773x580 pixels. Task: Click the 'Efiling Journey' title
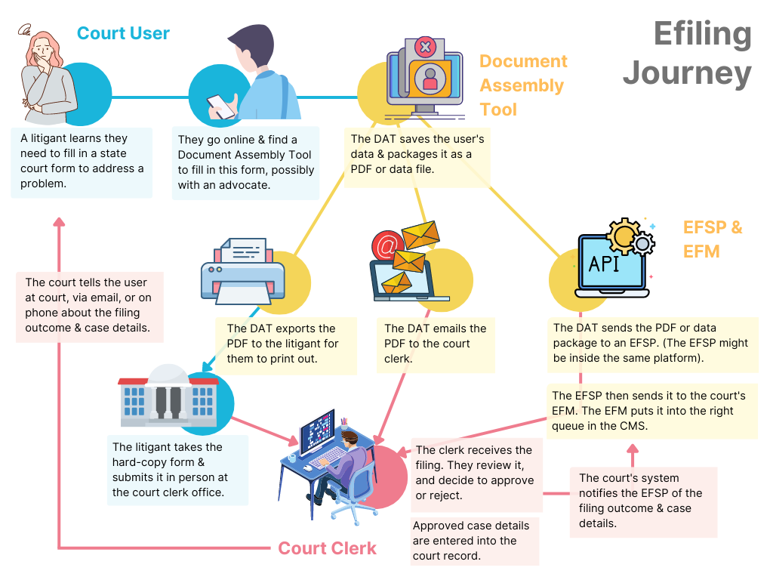click(687, 54)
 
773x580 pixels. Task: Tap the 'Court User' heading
click(123, 34)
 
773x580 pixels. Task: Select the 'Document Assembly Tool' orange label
click(523, 85)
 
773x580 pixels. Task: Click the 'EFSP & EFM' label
click(712, 239)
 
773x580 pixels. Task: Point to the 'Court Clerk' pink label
click(327, 548)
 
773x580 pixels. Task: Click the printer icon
click(242, 269)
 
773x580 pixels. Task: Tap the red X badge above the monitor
click(425, 47)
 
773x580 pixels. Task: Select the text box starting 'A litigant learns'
click(82, 162)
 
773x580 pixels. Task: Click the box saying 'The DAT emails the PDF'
click(436, 344)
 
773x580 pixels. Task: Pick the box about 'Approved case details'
click(475, 541)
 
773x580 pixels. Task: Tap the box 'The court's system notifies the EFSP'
click(642, 501)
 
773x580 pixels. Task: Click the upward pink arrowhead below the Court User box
click(59, 222)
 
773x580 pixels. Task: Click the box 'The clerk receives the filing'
click(476, 473)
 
